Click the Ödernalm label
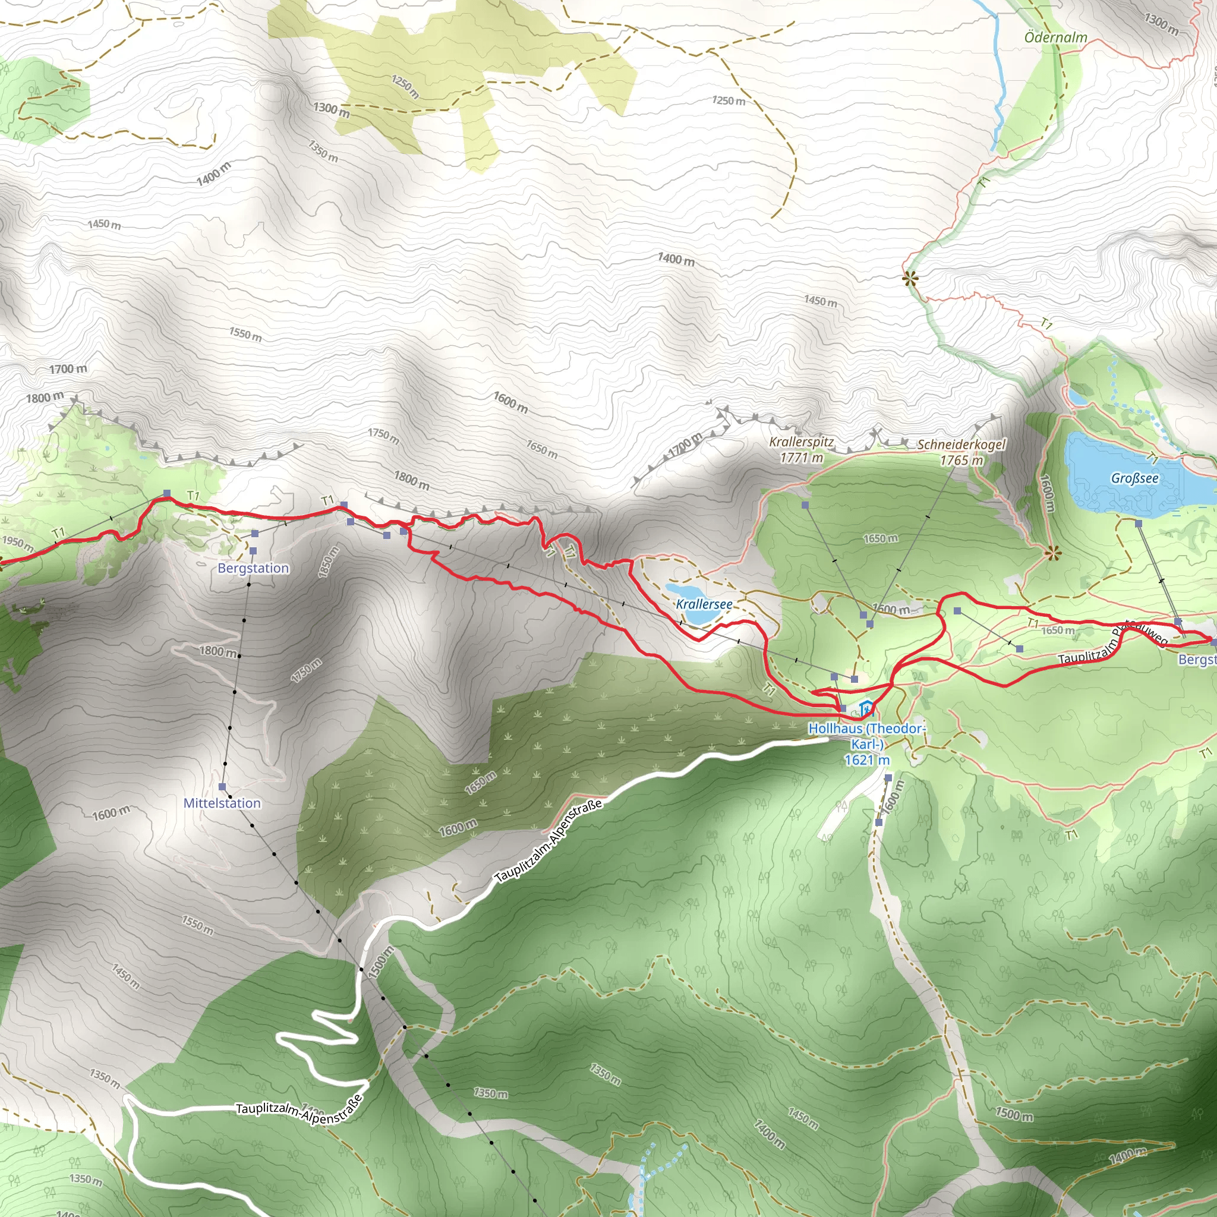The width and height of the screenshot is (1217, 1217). click(1056, 37)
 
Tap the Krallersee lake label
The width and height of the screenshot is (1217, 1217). click(704, 604)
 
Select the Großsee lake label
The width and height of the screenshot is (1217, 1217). click(1134, 478)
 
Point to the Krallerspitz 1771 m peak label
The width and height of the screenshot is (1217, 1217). click(801, 450)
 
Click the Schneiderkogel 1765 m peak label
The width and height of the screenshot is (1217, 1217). click(961, 452)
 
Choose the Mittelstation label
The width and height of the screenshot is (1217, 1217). click(222, 803)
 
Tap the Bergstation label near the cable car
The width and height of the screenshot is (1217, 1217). click(253, 568)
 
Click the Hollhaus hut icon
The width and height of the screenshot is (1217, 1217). click(867, 709)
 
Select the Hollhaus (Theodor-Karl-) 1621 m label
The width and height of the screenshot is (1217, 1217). click(867, 744)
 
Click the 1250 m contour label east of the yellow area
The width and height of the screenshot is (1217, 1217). click(729, 101)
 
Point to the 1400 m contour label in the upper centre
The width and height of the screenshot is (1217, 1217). click(676, 259)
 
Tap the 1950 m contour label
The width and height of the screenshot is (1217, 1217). click(18, 543)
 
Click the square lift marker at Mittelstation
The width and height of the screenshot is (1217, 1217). click(222, 787)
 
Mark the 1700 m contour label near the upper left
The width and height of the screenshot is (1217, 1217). click(68, 368)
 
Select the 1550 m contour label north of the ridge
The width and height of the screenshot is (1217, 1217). click(245, 335)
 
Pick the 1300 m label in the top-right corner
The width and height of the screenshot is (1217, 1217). click(1161, 24)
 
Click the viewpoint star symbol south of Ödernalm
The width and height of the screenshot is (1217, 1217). click(910, 279)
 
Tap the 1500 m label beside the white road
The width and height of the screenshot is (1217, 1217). click(381, 962)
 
